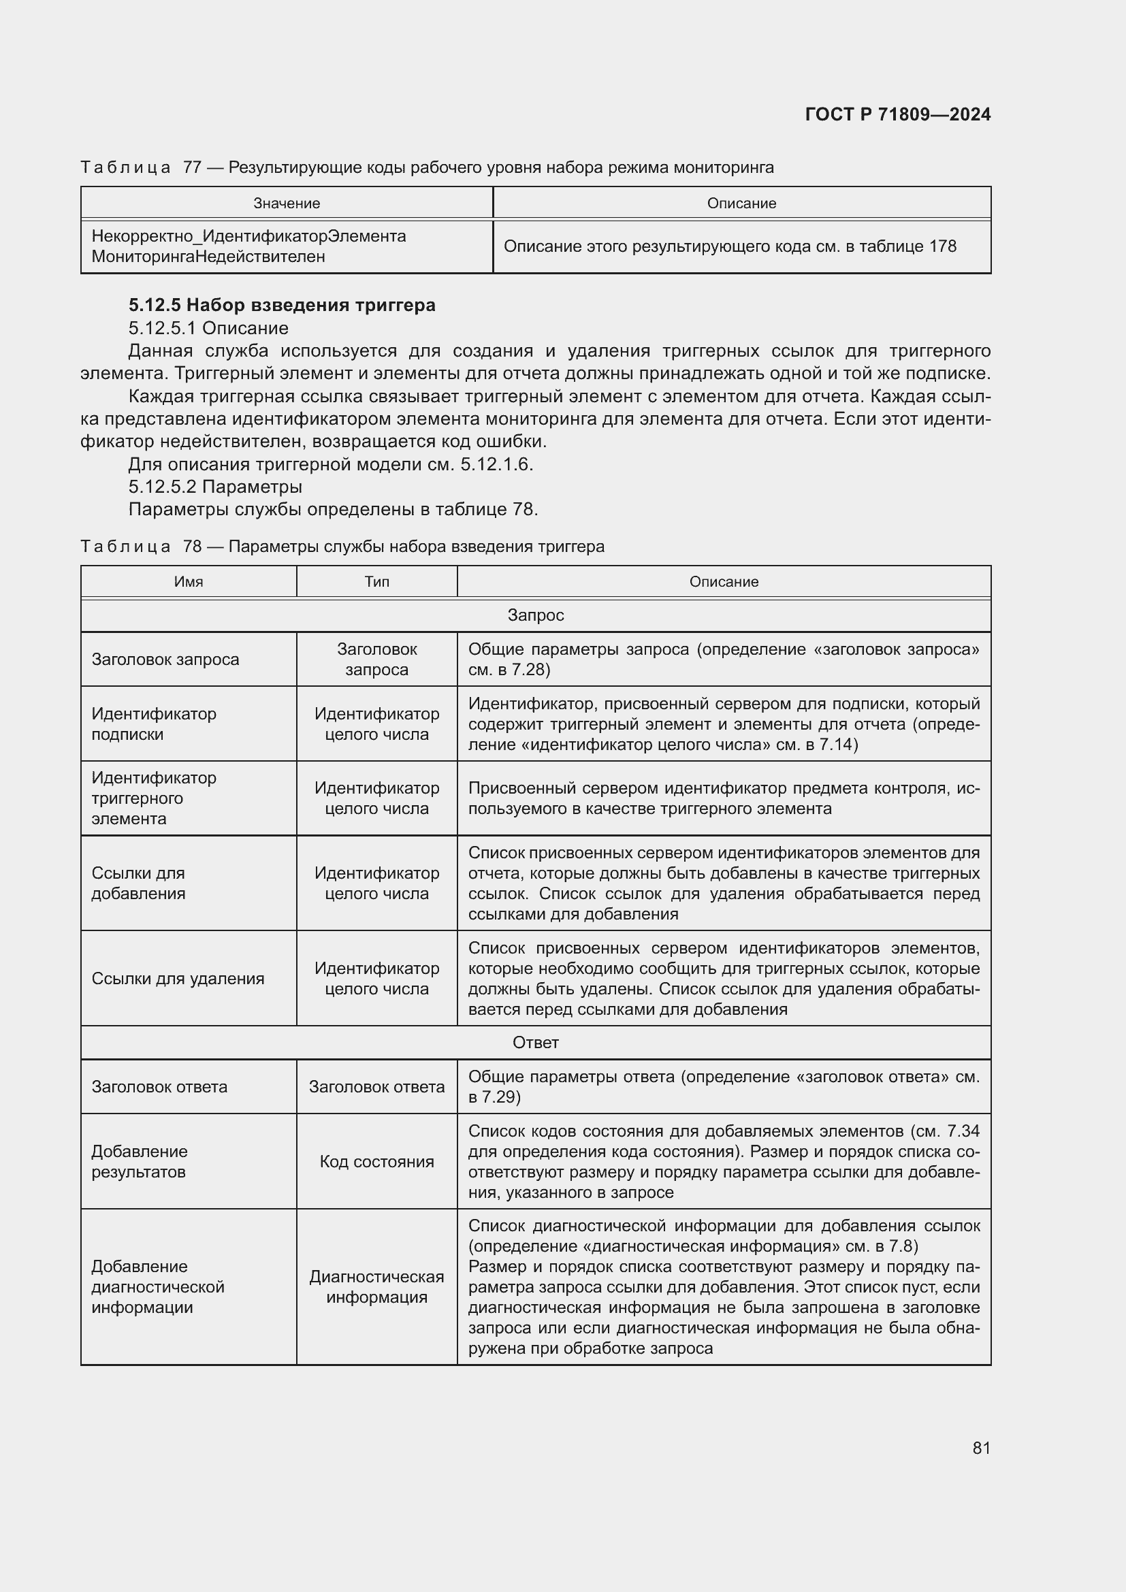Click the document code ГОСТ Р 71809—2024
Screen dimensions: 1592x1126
[x=897, y=114]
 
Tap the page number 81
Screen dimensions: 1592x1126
[x=981, y=1448]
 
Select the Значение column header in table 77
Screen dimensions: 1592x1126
[x=287, y=203]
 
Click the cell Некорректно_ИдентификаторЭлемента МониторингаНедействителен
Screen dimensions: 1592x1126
[x=249, y=246]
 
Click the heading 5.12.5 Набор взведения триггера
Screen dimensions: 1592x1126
[x=282, y=305]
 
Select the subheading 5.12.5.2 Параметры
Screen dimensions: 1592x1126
[x=215, y=486]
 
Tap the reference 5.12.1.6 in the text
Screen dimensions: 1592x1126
[x=495, y=464]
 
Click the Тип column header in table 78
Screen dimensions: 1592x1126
[x=376, y=582]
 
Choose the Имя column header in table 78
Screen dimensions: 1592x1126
[x=189, y=582]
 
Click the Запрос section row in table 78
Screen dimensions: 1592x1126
[x=535, y=615]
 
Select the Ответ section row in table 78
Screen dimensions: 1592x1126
[x=535, y=1042]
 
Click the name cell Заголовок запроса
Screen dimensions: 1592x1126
[x=165, y=660]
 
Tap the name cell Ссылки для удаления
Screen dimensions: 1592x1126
[x=178, y=978]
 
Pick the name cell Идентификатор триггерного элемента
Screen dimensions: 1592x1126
[x=154, y=798]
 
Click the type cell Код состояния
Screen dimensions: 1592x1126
[x=376, y=1161]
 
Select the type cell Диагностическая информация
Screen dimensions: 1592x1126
[x=376, y=1287]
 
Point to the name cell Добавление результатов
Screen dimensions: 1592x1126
[x=140, y=1161]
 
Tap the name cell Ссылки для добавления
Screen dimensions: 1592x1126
[x=138, y=883]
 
